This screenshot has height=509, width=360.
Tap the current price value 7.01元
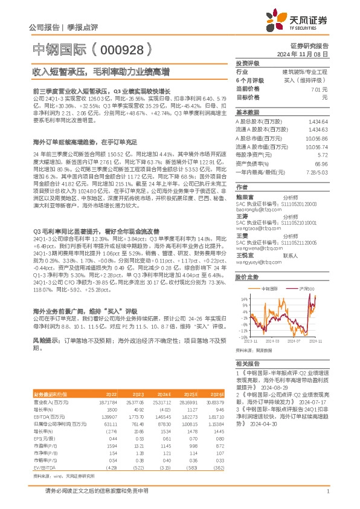point(320,88)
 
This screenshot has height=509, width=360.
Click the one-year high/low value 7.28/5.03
point(317,172)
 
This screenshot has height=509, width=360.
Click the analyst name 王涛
point(241,215)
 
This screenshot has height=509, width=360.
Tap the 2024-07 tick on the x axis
point(295,342)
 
